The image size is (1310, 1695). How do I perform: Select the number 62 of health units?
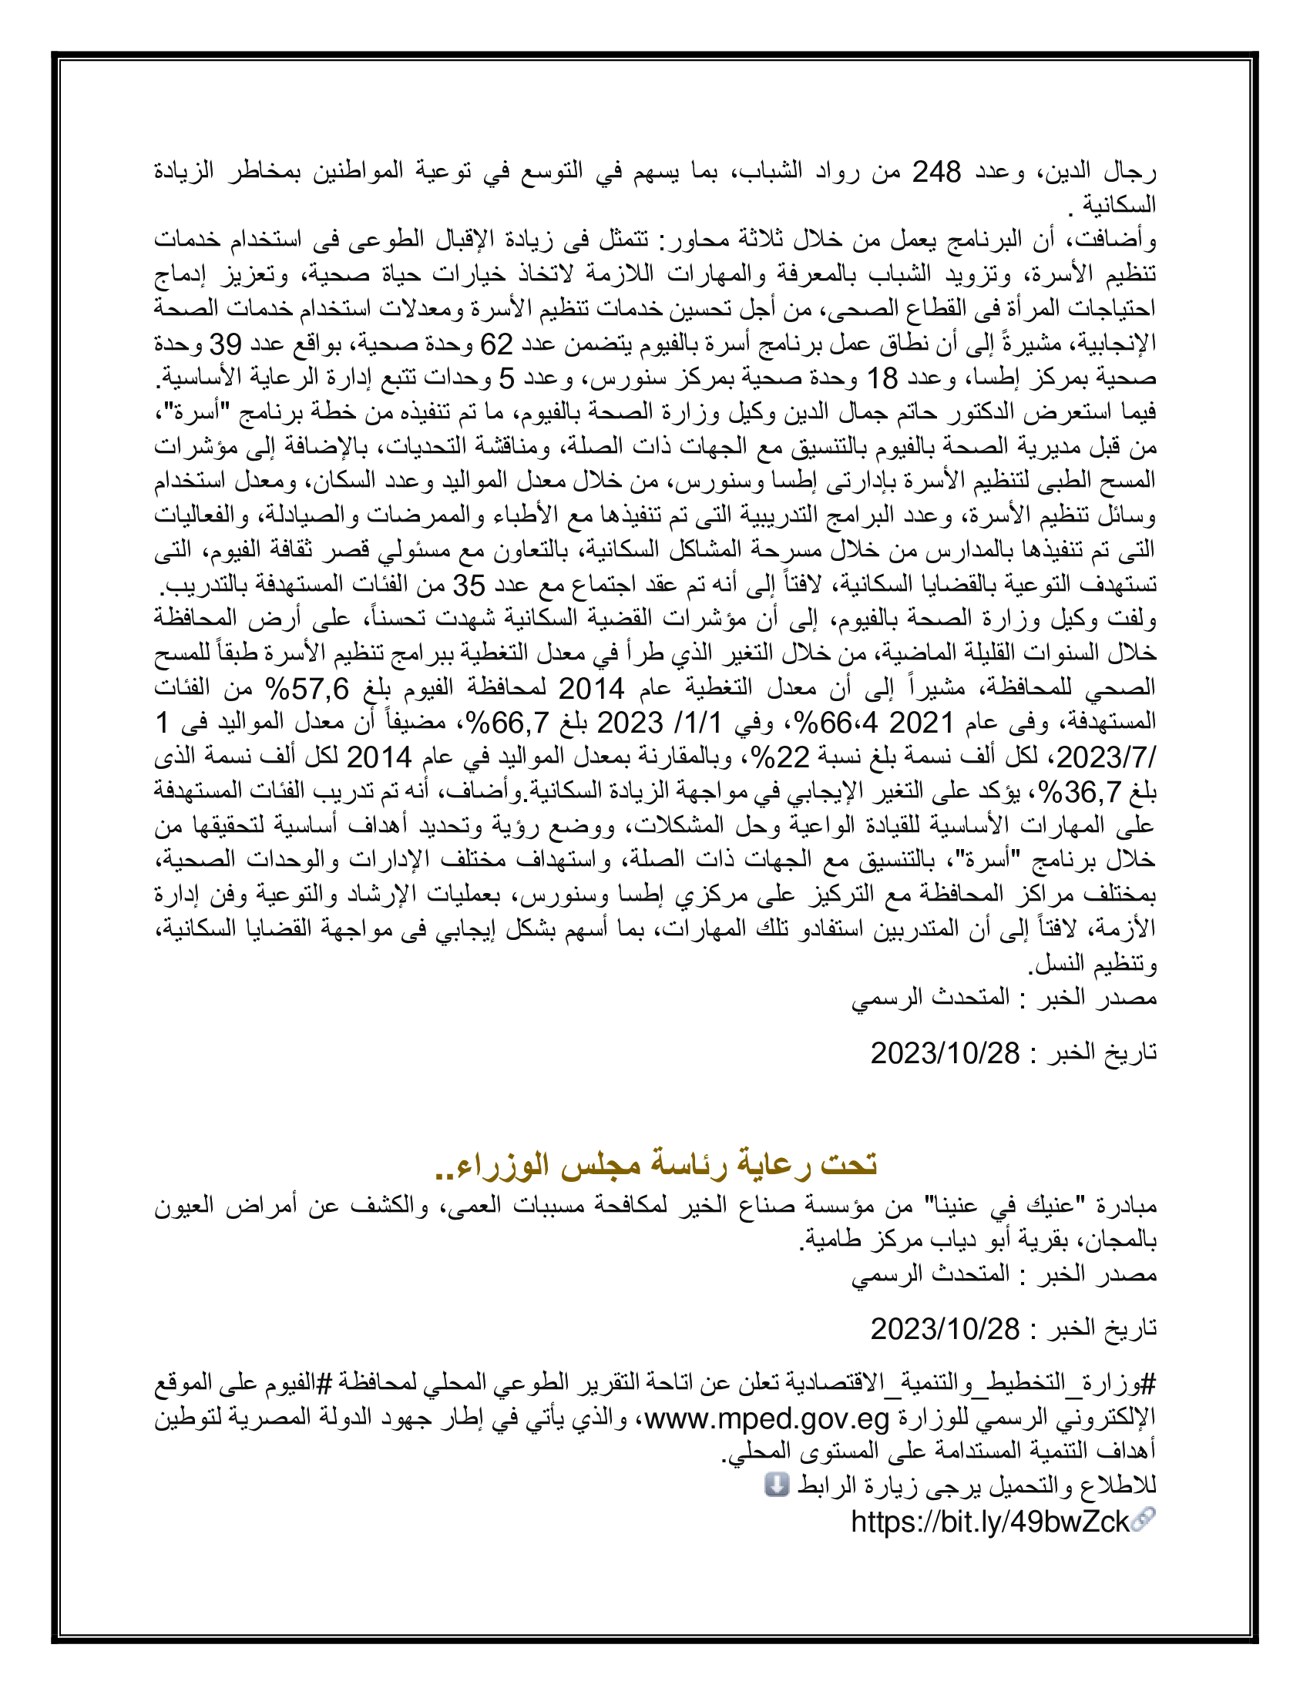click(x=497, y=343)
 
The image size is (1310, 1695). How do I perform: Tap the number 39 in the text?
click(x=226, y=343)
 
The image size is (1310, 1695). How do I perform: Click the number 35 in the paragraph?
click(x=469, y=586)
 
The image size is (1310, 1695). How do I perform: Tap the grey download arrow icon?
click(x=776, y=1485)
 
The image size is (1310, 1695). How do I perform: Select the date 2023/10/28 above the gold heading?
click(x=945, y=1053)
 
